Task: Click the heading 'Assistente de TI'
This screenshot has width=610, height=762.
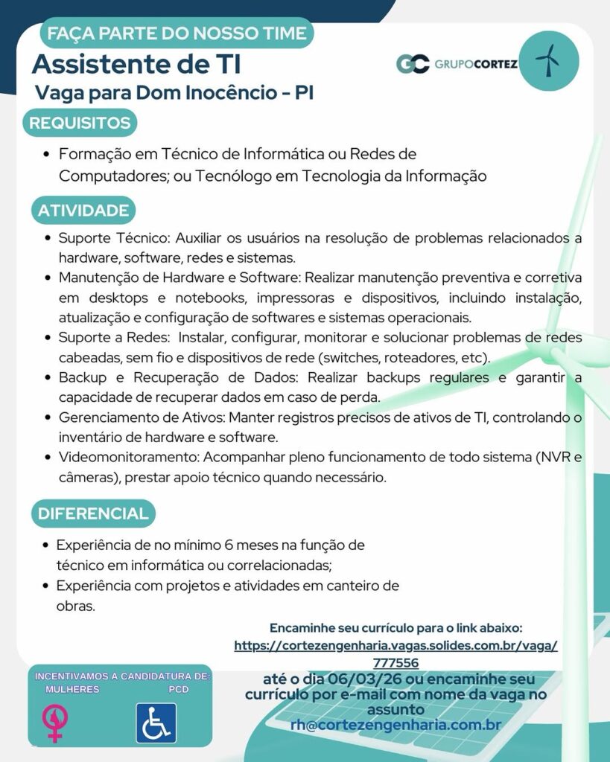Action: (136, 65)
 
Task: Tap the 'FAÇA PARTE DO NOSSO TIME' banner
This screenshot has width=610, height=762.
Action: (177, 33)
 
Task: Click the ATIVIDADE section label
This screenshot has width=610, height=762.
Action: (83, 211)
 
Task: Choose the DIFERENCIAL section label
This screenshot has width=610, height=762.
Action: (93, 513)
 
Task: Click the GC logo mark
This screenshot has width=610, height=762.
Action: (413, 63)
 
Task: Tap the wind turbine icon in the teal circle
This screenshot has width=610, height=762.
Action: (547, 60)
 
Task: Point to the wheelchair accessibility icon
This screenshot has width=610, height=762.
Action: (156, 723)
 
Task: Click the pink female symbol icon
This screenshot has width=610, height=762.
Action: (54, 723)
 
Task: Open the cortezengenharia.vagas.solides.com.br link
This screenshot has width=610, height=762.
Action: (395, 646)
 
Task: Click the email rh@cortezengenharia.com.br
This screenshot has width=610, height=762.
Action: (395, 724)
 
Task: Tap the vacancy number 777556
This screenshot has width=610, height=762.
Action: (395, 662)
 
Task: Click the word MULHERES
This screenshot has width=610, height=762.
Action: (72, 690)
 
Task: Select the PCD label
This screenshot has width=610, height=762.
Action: (178, 690)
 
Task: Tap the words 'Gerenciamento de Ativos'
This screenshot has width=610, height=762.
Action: (139, 417)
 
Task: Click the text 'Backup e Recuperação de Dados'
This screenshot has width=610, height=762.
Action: (179, 377)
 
